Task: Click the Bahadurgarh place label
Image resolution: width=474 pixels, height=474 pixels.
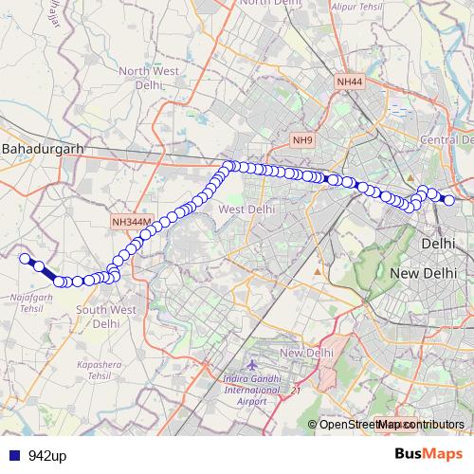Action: (x=44, y=150)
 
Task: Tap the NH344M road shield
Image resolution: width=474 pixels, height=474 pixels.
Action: (x=131, y=222)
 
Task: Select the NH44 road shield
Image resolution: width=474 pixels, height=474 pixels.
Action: (x=349, y=82)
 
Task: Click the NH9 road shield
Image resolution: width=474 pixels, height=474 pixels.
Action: (x=301, y=140)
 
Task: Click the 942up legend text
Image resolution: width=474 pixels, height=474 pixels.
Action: (x=46, y=456)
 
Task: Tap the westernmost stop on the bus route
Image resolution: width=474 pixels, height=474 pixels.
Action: (x=25, y=257)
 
